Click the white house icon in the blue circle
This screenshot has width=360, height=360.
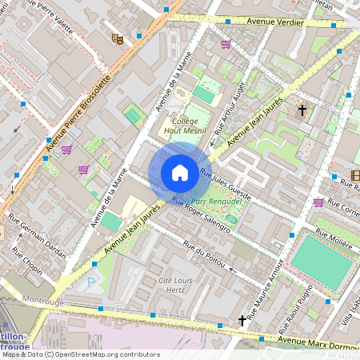[180, 172]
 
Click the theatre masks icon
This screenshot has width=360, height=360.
[117, 38]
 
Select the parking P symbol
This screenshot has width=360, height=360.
[90, 282]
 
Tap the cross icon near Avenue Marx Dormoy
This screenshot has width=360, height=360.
[242, 321]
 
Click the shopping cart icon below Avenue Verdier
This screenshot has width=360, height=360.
[226, 44]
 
